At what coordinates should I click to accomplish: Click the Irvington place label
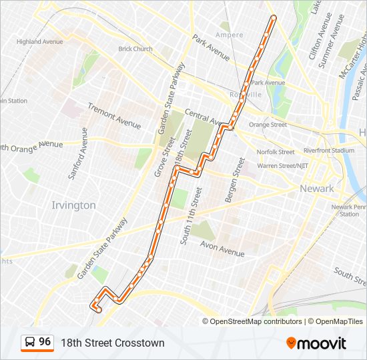click(x=73, y=205)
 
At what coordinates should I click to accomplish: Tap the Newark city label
click(x=317, y=189)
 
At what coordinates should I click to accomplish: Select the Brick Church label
click(x=135, y=49)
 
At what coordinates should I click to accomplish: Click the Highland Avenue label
click(x=40, y=41)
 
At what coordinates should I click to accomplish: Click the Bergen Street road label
click(x=234, y=180)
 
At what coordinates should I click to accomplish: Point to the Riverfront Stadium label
click(x=329, y=151)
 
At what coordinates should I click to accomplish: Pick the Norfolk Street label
click(x=276, y=152)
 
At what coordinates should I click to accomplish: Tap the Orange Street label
click(x=268, y=125)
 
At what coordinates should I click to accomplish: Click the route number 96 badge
click(x=45, y=342)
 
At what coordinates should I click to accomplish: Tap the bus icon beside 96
click(x=30, y=343)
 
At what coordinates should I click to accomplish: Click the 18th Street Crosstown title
click(x=113, y=343)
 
